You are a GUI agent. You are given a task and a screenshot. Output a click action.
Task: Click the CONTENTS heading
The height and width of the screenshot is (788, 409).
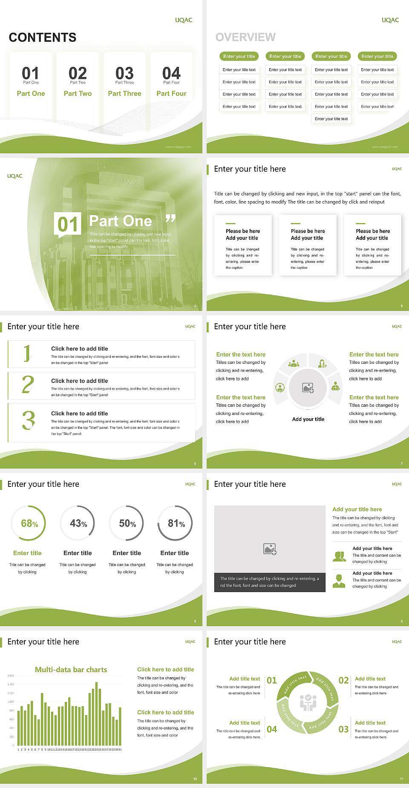click(43, 37)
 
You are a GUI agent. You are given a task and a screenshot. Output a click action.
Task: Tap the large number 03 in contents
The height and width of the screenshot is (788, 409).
click(124, 73)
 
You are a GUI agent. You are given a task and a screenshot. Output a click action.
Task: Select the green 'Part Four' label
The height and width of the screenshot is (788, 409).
click(171, 93)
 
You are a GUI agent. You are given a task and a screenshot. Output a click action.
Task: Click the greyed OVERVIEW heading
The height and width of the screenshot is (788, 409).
click(245, 37)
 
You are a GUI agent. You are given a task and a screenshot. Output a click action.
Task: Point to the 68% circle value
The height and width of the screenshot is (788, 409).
click(29, 523)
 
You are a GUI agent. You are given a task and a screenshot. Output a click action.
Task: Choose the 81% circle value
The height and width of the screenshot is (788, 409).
click(176, 523)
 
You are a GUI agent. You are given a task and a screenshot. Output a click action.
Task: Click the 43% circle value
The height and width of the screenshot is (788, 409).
click(78, 523)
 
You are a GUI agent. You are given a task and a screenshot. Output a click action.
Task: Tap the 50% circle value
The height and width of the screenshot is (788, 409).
click(127, 523)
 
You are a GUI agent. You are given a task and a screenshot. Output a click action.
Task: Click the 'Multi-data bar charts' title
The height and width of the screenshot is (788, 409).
click(71, 670)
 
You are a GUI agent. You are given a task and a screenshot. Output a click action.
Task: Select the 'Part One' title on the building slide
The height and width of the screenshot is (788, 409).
click(121, 221)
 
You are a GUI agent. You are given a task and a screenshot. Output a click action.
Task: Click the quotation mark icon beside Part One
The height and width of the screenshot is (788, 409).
click(170, 219)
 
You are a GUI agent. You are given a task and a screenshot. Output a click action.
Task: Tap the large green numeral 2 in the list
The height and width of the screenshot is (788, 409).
click(28, 385)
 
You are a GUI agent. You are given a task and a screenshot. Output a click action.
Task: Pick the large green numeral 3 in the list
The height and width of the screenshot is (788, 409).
click(29, 420)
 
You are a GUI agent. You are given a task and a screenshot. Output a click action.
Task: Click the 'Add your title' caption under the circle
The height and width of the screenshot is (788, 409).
click(308, 419)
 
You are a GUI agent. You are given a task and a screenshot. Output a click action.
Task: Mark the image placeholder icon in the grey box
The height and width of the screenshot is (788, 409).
click(270, 549)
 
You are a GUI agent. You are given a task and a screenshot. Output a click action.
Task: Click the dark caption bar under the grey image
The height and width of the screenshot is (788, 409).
click(270, 582)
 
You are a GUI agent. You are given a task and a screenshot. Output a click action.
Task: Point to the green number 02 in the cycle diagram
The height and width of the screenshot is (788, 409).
click(343, 680)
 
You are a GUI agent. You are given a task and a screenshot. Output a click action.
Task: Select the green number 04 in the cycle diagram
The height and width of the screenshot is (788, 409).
click(272, 729)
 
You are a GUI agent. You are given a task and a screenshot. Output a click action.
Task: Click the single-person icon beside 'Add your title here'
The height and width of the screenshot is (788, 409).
click(339, 581)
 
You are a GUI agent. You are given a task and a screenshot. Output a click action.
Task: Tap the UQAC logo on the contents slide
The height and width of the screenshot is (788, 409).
click(184, 20)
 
